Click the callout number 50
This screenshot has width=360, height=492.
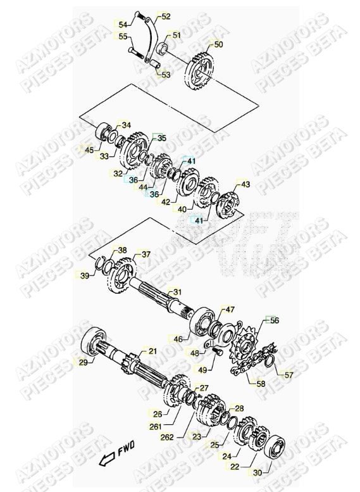(x=218, y=45)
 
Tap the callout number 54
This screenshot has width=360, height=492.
(x=123, y=25)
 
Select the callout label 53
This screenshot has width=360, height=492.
(x=165, y=75)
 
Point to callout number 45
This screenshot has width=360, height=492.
(x=89, y=150)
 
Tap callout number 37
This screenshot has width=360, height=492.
(x=146, y=255)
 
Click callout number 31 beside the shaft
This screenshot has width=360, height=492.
(x=177, y=292)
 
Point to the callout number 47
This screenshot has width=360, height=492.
(x=230, y=310)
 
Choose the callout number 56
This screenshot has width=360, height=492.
(x=274, y=321)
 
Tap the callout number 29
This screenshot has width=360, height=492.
(x=82, y=362)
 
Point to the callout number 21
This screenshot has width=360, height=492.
(x=152, y=351)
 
